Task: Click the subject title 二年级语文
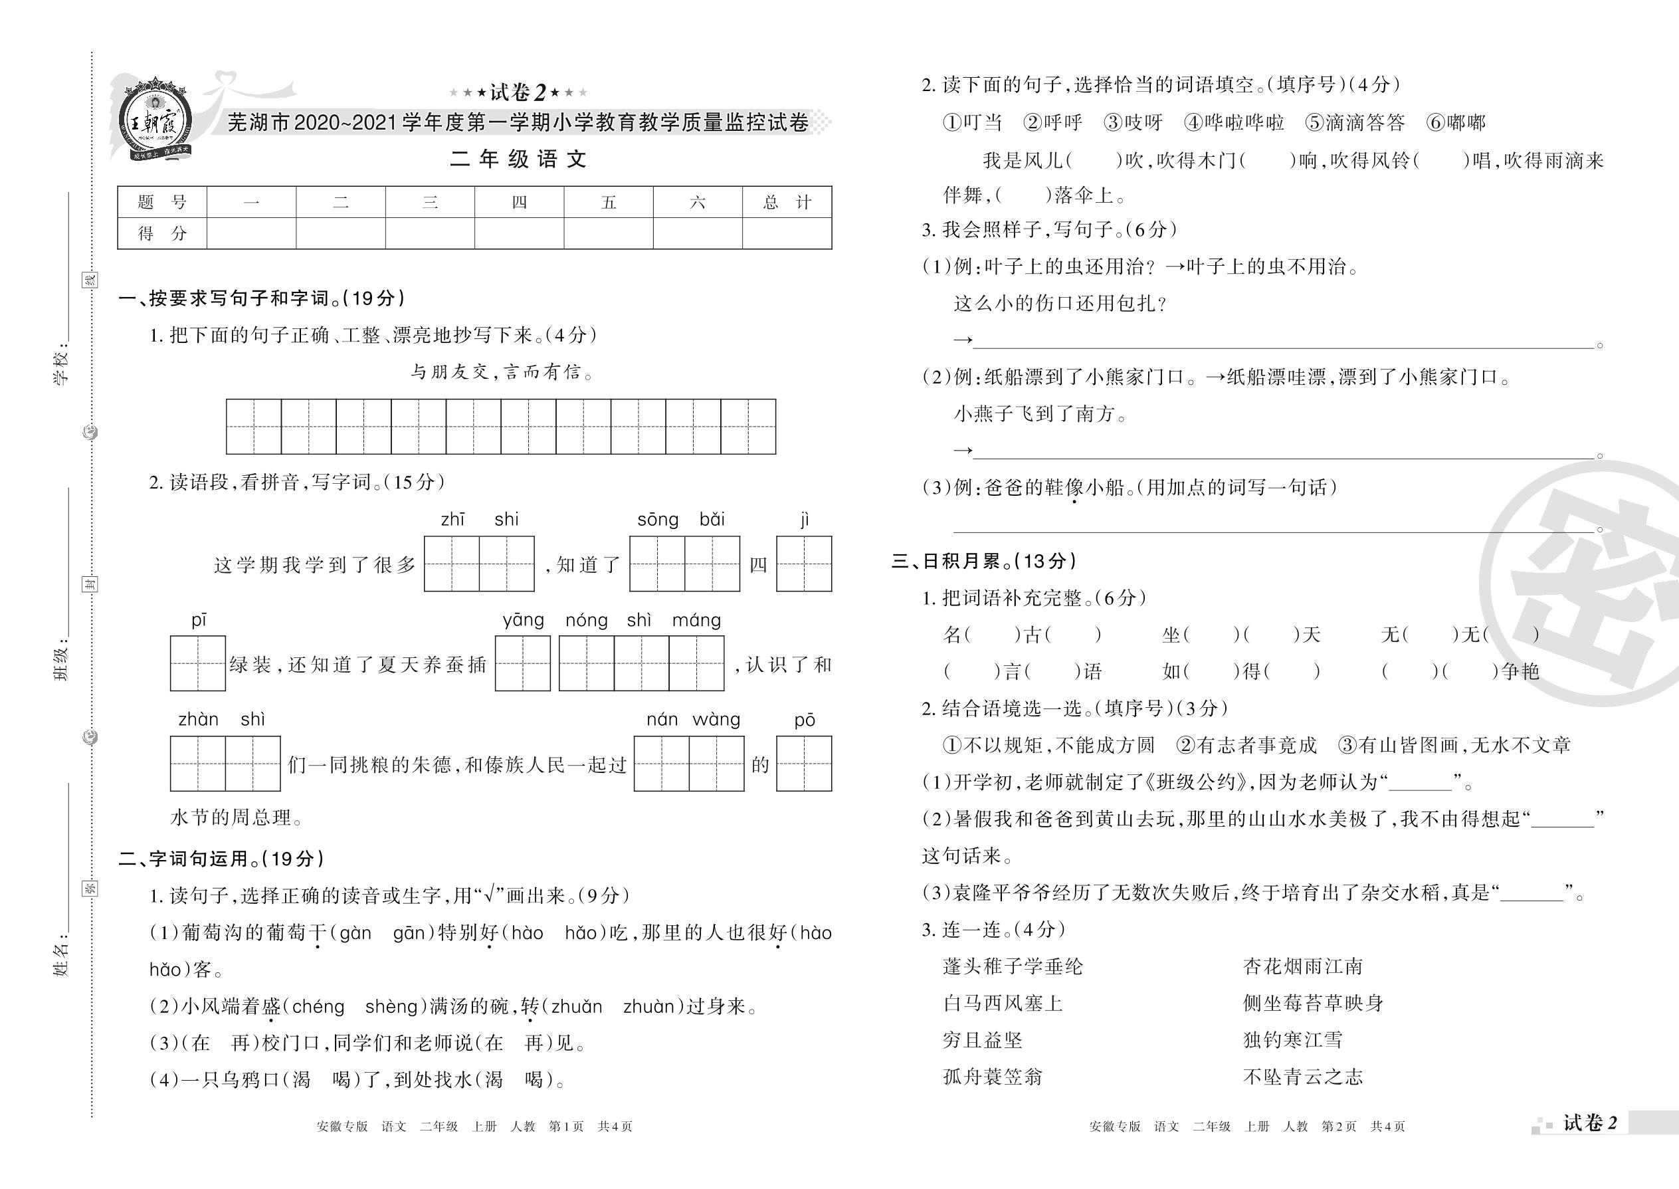coord(518,159)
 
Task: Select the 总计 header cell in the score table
coord(787,202)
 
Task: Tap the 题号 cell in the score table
coord(161,202)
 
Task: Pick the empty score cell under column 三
coord(430,233)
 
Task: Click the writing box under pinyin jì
coord(804,564)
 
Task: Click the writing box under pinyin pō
coord(804,764)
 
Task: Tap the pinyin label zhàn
coord(199,720)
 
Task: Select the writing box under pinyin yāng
coord(523,663)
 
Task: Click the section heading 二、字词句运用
coord(221,858)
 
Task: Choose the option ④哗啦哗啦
coord(1234,122)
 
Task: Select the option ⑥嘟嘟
coord(1456,122)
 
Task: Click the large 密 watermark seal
coord(1588,586)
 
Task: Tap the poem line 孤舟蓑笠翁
coord(993,1077)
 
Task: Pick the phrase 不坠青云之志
coord(1303,1077)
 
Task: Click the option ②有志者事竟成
coord(1246,745)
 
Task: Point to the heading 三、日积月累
coord(984,561)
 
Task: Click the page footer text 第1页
coord(566,1126)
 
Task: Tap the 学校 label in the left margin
coord(62,366)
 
